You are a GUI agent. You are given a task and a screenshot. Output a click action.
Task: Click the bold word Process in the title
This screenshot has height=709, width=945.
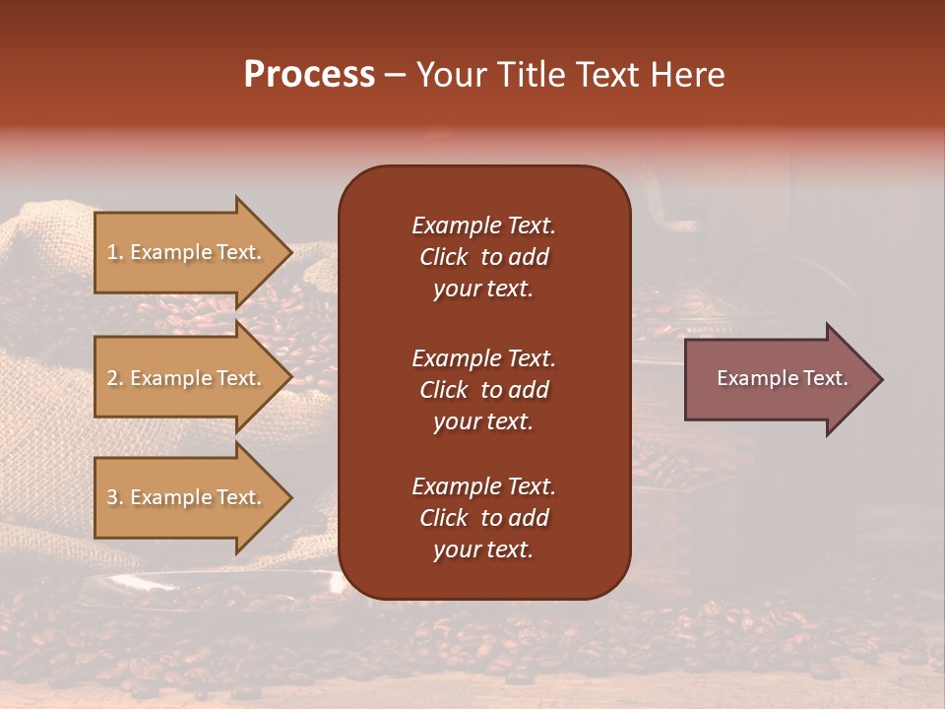click(x=309, y=75)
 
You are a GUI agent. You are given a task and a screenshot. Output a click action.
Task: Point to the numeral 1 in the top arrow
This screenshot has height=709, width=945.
click(x=112, y=252)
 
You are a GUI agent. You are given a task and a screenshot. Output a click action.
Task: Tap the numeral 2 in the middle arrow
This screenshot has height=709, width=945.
click(x=113, y=378)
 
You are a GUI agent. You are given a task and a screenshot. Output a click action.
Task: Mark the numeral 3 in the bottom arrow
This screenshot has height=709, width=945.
click(x=113, y=497)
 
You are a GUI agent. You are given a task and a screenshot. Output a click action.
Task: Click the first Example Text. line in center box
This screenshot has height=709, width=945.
click(x=483, y=226)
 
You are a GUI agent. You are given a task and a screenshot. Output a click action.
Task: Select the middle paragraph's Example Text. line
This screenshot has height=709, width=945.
click(x=483, y=358)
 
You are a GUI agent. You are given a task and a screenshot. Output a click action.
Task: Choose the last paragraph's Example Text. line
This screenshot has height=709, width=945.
click(x=483, y=486)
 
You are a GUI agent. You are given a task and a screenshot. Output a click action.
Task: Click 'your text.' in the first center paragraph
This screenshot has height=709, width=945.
click(x=482, y=290)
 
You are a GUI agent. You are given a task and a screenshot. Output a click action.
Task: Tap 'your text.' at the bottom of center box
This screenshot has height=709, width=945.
click(x=482, y=550)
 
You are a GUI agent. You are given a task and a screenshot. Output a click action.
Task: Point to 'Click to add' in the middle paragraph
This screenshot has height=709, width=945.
click(x=483, y=390)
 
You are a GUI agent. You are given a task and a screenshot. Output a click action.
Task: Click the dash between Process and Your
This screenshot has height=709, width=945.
click(x=396, y=76)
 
